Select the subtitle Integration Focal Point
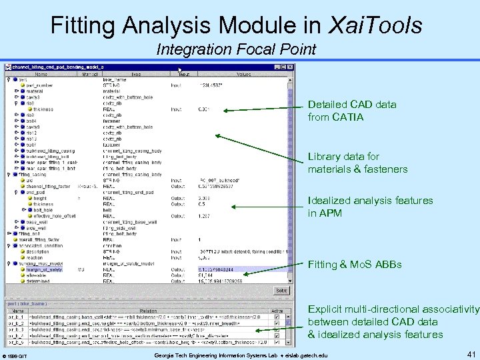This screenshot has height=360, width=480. pos(236,49)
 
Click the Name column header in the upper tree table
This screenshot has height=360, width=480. pos(41,74)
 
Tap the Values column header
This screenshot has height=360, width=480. pos(243,74)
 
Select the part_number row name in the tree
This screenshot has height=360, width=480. pos(41,85)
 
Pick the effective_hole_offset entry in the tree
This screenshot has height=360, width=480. pos(56,215)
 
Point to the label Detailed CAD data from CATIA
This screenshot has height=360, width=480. pos(342,111)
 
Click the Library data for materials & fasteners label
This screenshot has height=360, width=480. pos(357,163)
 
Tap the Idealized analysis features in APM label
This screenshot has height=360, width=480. pos(370,207)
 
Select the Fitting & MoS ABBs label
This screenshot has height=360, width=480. pos(355,265)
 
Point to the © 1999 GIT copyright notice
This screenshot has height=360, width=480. pos(15,357)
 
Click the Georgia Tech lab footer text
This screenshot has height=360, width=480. pos(241,355)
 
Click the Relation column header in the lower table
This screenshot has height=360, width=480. pos(148,310)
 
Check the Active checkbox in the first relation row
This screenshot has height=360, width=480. pos(277,317)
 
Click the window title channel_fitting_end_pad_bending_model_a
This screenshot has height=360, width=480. pos(53,67)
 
